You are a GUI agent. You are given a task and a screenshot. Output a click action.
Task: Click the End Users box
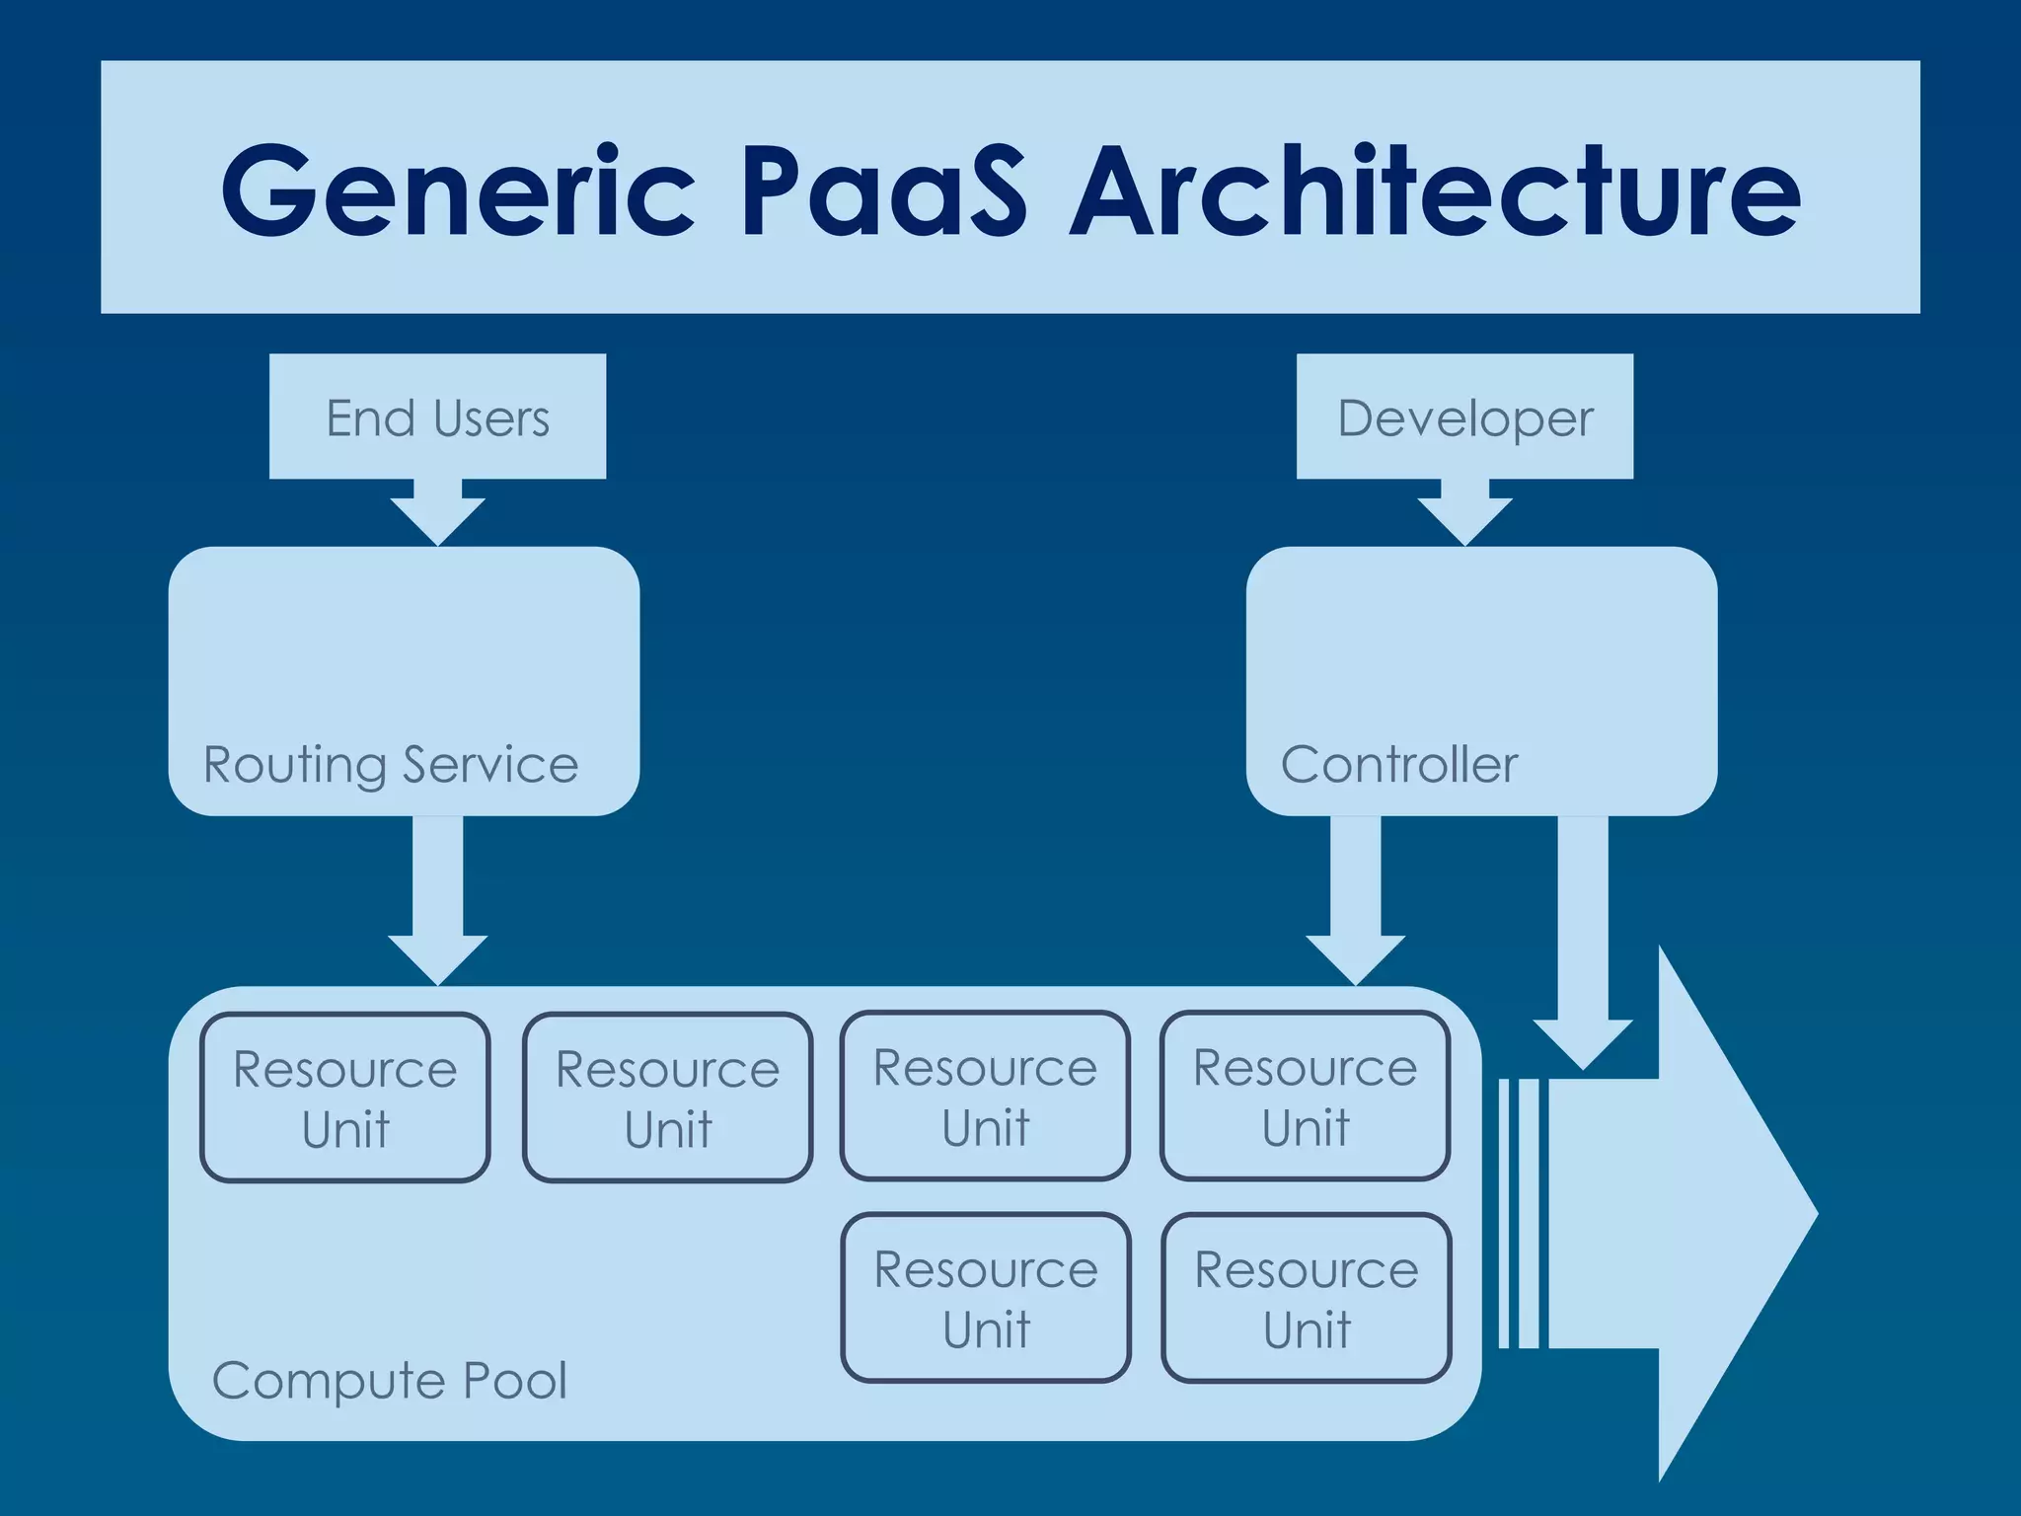point(437,417)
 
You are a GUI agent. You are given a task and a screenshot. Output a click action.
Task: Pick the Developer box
point(1464,417)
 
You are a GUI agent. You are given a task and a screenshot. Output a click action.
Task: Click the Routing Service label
point(391,765)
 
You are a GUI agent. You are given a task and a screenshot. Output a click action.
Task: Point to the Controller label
point(1398,765)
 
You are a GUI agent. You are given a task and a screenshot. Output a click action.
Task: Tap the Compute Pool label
point(390,1380)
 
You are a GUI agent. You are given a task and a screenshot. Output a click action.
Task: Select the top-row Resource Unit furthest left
point(345,1098)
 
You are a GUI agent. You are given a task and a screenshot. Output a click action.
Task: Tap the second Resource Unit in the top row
point(668,1098)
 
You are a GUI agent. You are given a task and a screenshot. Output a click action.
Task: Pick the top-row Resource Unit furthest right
point(1306,1096)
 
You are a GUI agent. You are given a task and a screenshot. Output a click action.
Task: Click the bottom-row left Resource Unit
point(986,1298)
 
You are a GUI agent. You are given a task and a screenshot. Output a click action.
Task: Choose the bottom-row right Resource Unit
point(1307,1298)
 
